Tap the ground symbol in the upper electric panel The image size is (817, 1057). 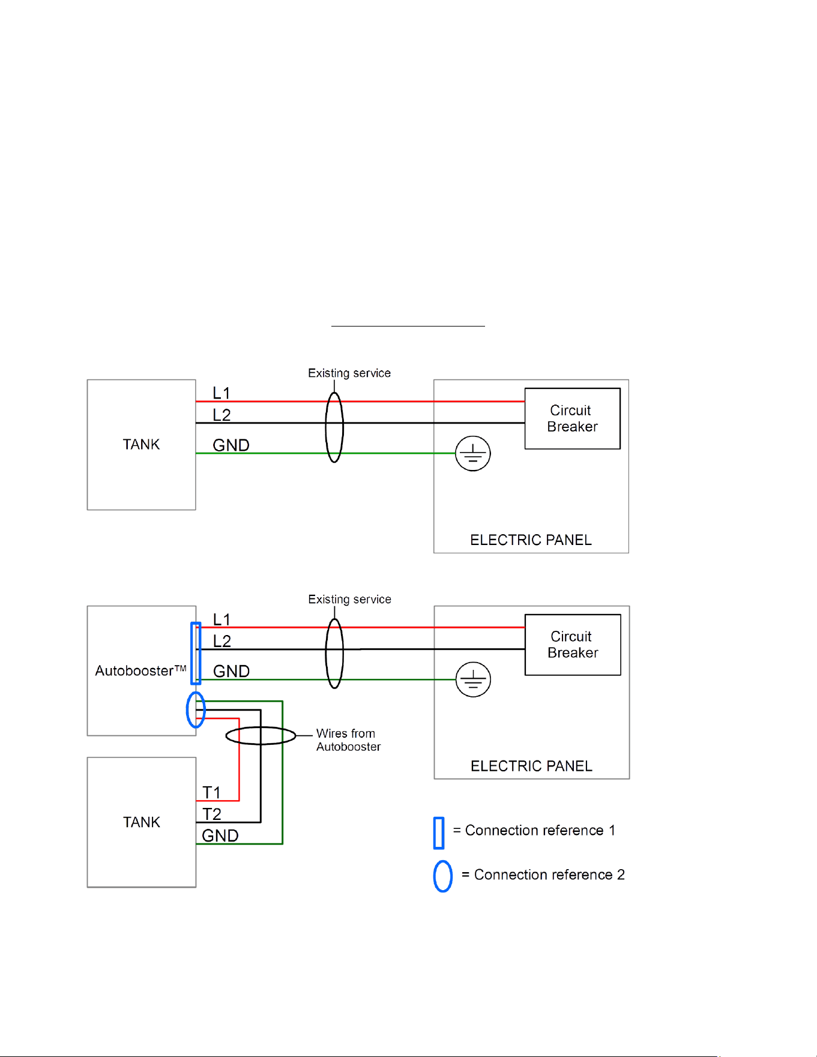click(x=473, y=453)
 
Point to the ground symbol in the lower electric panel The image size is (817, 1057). click(x=473, y=679)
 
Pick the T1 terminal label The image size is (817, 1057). click(x=211, y=792)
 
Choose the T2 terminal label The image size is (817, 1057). click(x=212, y=814)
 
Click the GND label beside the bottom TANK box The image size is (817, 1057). click(x=220, y=836)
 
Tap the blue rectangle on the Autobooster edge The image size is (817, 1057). click(x=196, y=653)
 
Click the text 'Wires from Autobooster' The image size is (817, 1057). click(x=348, y=740)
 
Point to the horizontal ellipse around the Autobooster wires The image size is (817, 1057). click(x=261, y=727)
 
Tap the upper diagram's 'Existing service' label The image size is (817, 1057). click(x=349, y=373)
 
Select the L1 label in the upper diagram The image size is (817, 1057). click(x=222, y=393)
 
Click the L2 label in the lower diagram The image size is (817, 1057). click(x=222, y=641)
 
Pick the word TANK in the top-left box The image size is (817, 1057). click(x=141, y=444)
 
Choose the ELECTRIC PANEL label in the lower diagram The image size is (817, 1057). click(x=531, y=766)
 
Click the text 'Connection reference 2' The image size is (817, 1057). click(x=549, y=875)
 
